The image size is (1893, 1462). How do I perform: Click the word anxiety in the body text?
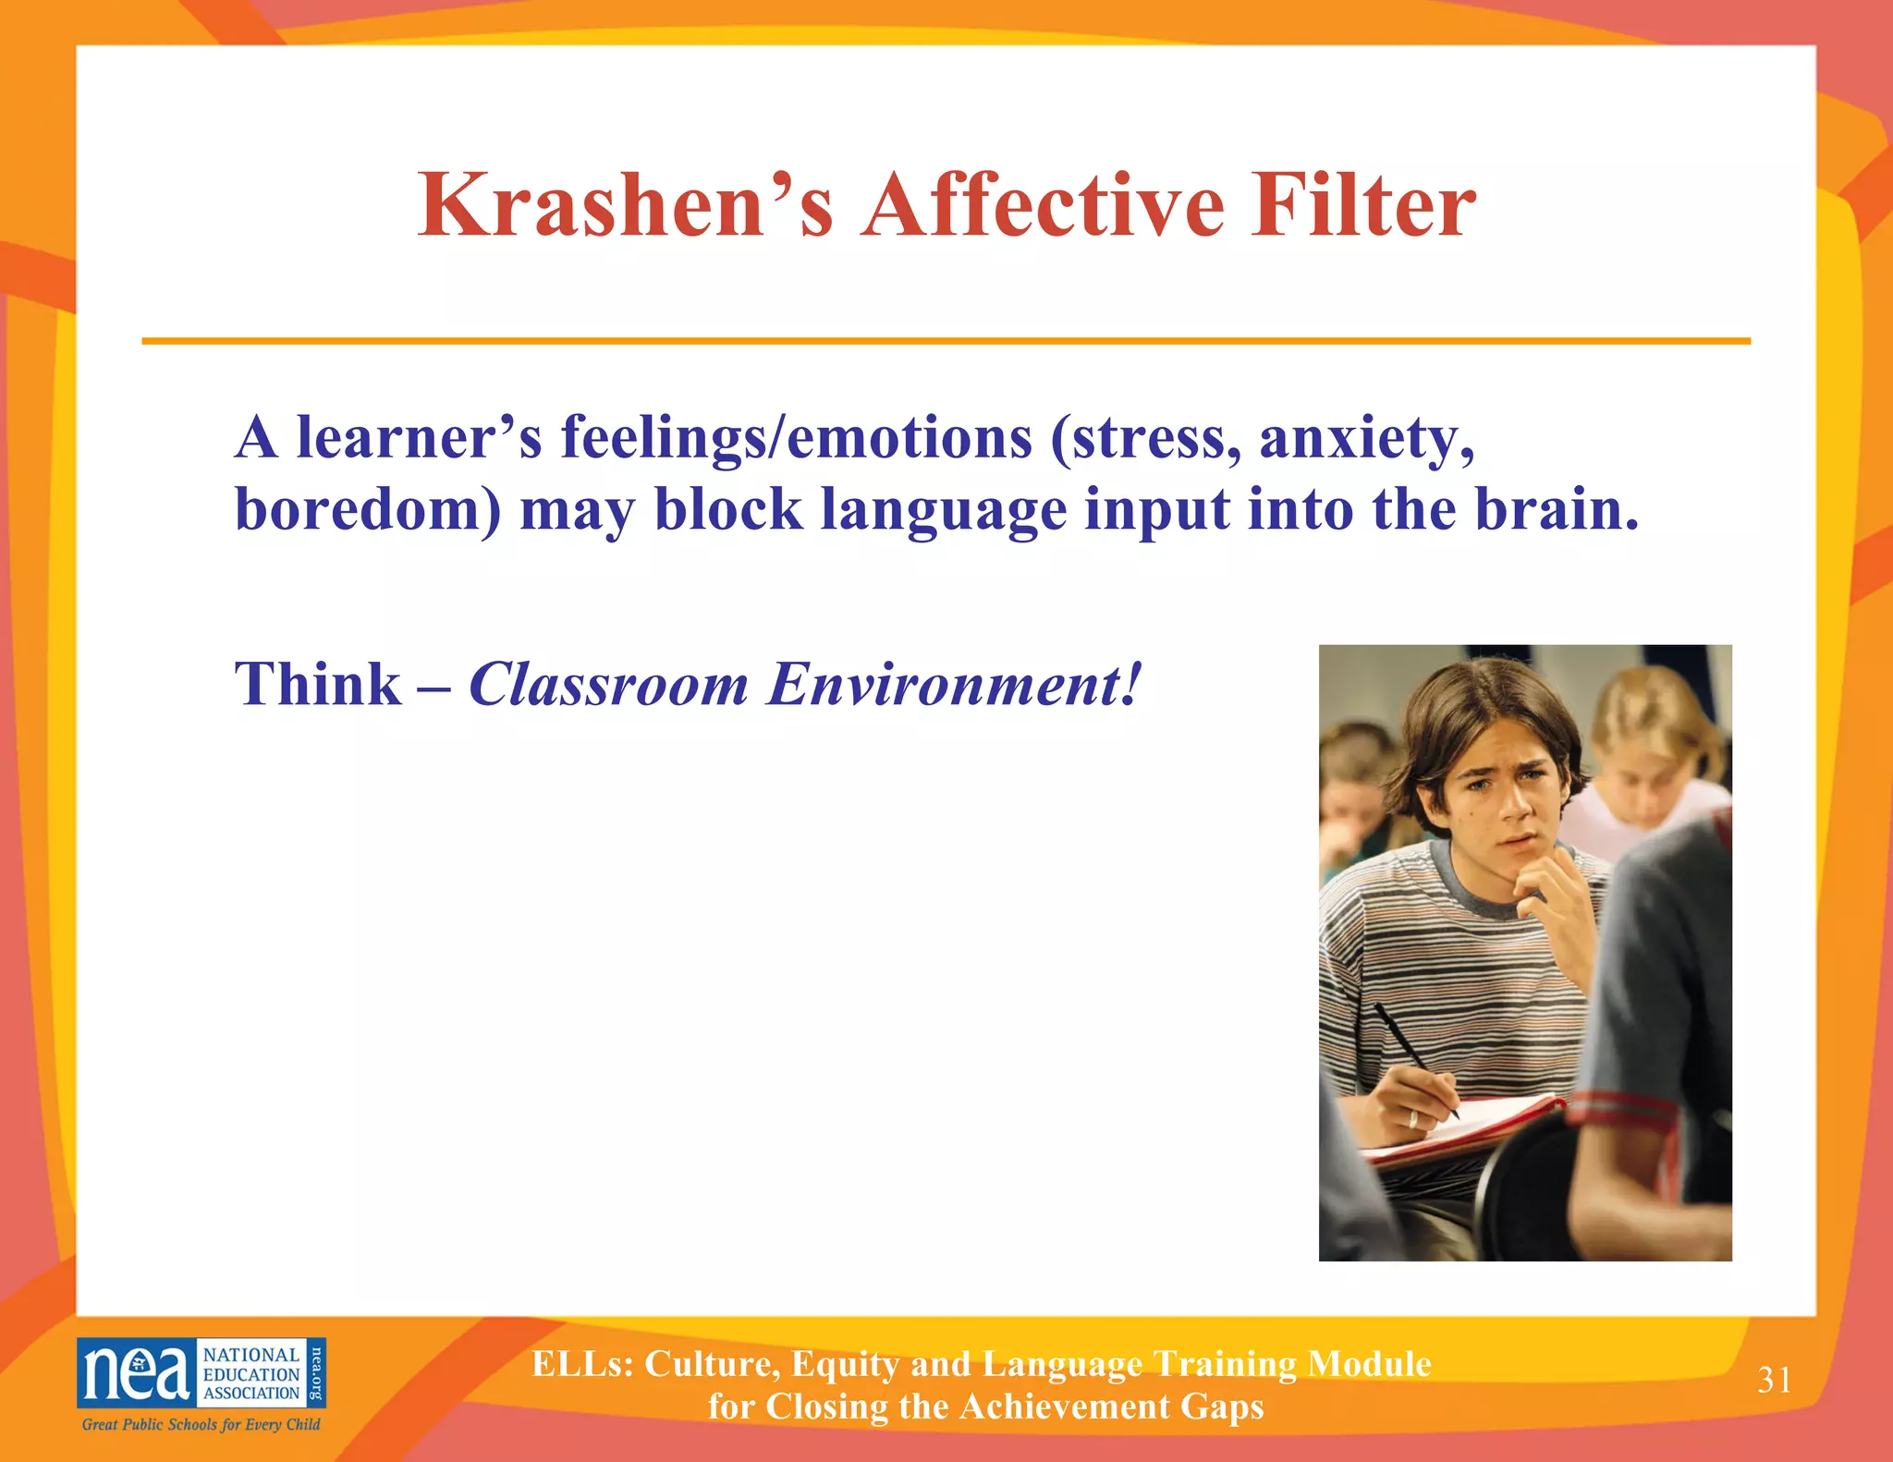coord(1365,438)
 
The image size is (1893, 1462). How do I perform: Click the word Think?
coord(318,685)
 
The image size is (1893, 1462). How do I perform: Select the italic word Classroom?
coord(608,685)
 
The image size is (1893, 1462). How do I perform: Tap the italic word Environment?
coord(953,685)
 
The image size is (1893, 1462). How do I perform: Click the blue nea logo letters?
coord(137,1373)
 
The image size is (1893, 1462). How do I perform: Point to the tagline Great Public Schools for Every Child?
coord(202,1424)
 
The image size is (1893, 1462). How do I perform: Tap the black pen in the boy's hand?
coord(1414,1058)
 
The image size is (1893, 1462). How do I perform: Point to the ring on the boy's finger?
coord(1412,1119)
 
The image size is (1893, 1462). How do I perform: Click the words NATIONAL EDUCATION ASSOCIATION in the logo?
coord(251,1374)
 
